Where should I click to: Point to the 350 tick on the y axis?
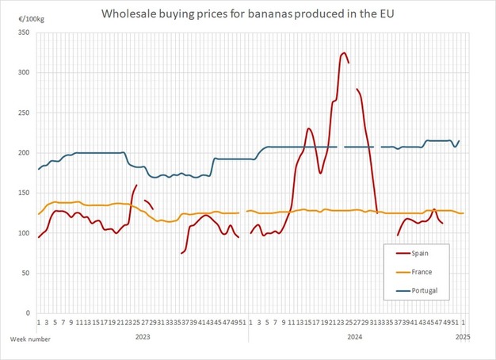[25, 33]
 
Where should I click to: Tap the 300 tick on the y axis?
[25, 73]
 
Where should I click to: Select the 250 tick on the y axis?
[25, 113]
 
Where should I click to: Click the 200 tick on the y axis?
[25, 153]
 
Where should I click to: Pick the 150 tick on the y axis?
[25, 193]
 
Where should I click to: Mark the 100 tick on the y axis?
[25, 233]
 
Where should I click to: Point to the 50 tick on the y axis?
[27, 273]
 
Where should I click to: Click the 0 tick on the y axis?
[29, 313]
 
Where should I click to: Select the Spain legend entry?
[428, 253]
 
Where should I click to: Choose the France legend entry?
[429, 272]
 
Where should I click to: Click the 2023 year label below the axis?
[143, 337]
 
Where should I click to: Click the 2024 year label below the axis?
[355, 337]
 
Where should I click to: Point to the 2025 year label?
[464, 337]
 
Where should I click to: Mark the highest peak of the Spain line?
[343, 53]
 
